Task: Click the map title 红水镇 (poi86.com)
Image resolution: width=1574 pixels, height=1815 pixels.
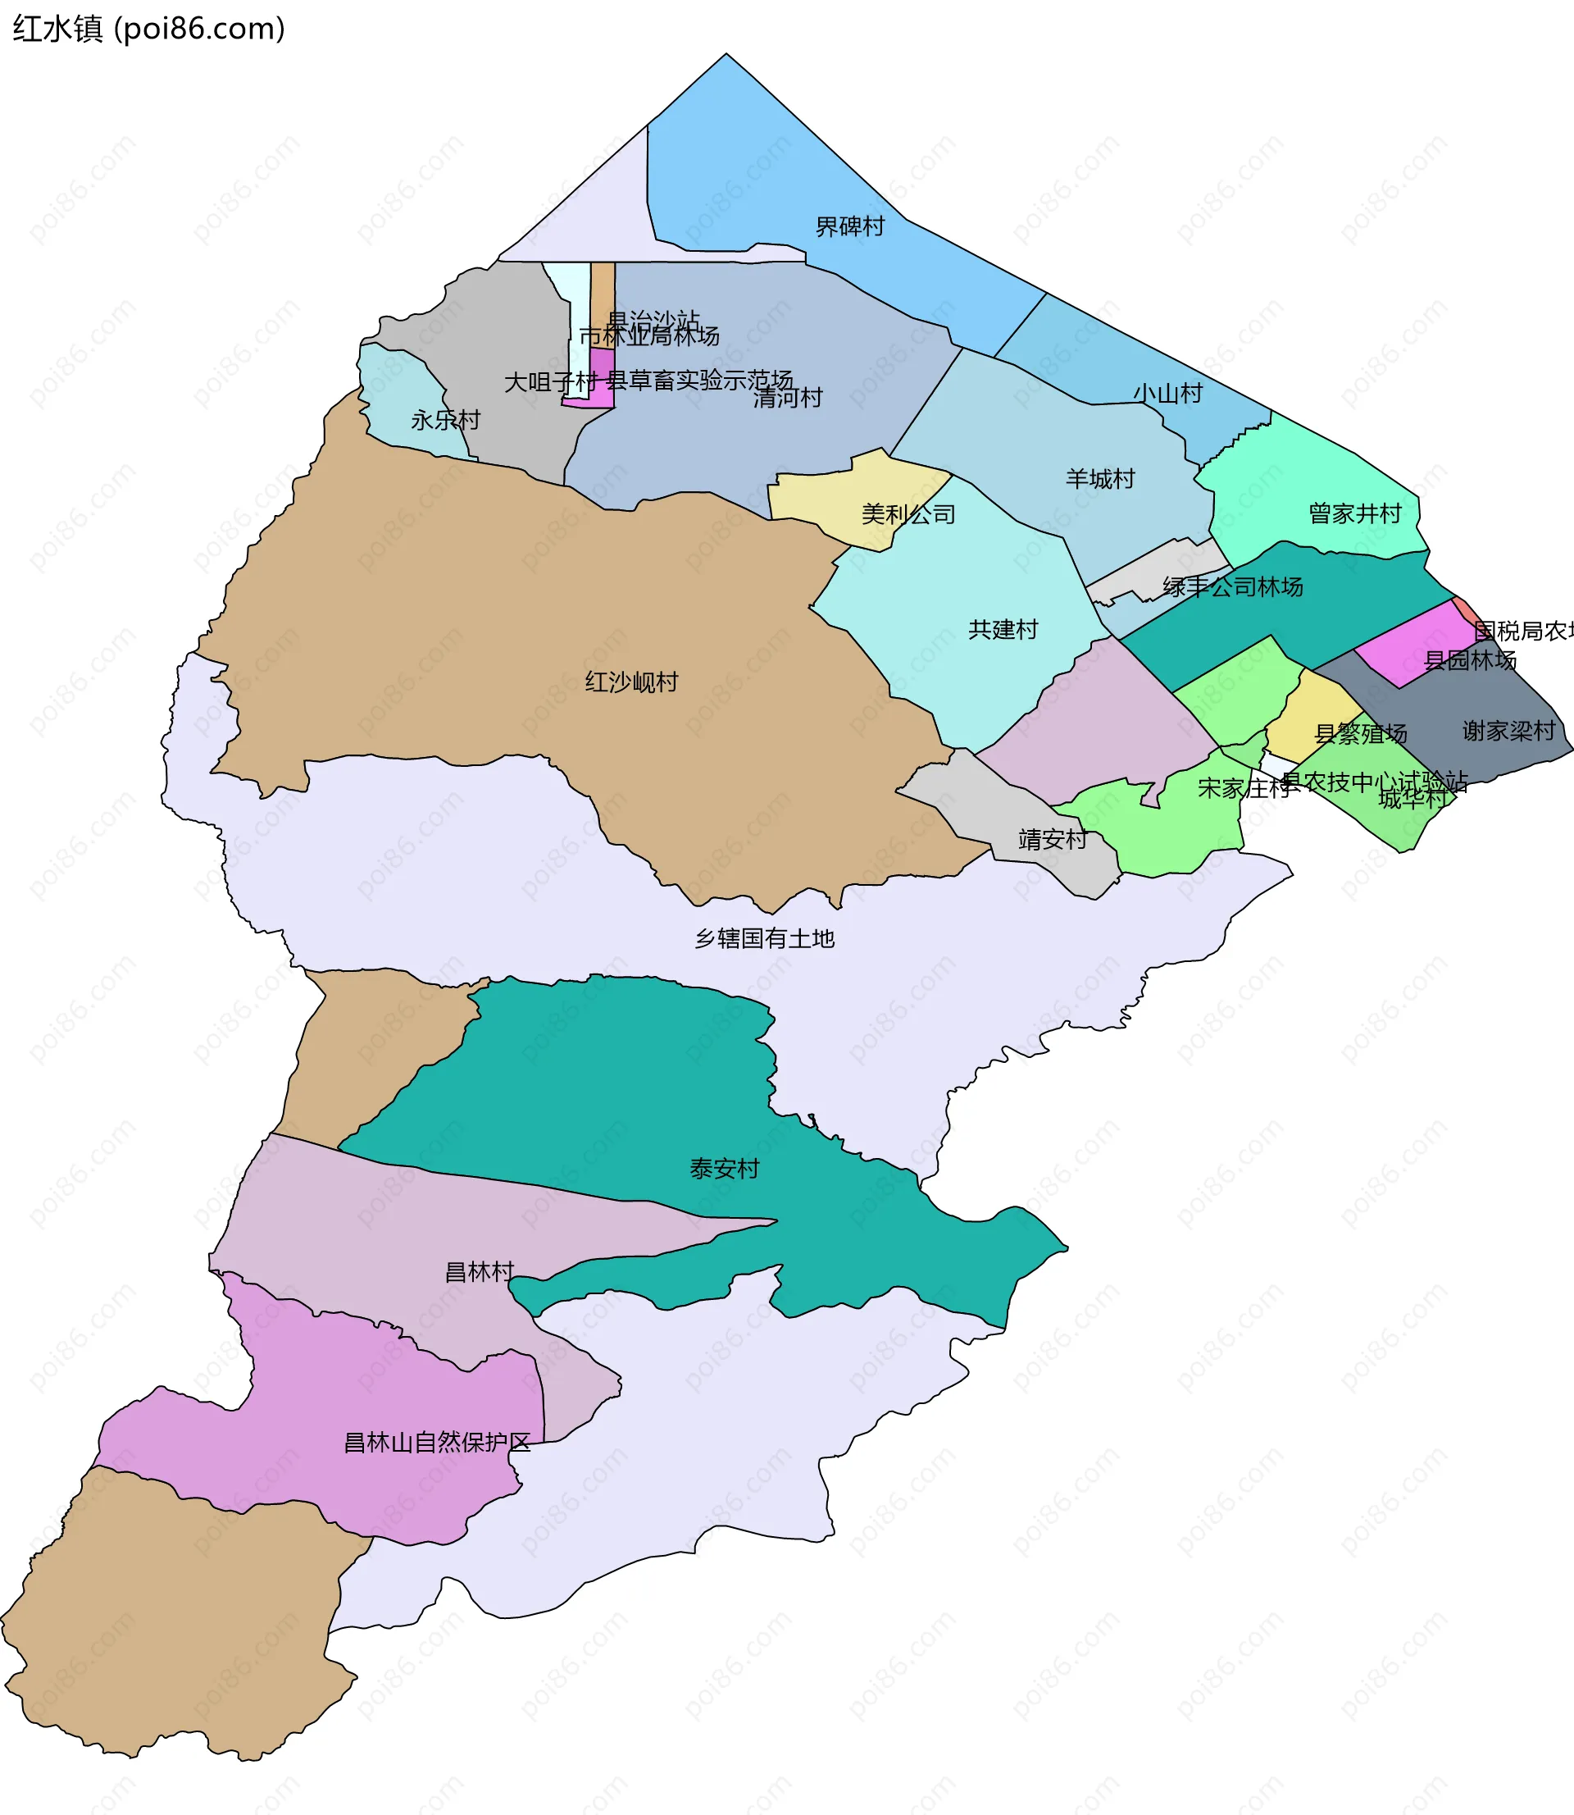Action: [148, 29]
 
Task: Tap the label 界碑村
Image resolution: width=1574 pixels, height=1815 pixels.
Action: [849, 226]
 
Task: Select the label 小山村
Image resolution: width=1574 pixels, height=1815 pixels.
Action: [1167, 394]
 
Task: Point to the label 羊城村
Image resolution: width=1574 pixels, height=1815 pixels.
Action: [1099, 479]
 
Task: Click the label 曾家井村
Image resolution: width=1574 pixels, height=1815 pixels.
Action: [1354, 513]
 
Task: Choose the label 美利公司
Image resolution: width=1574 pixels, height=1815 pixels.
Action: [908, 514]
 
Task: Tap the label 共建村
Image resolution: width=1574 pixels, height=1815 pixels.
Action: [1002, 629]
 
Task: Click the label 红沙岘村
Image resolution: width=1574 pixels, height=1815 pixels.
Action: [631, 682]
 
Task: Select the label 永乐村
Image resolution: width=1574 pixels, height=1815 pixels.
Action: [445, 420]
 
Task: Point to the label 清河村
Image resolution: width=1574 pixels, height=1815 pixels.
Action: [787, 398]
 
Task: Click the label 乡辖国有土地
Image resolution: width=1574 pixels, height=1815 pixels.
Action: [764, 938]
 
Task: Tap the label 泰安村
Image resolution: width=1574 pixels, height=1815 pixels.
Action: [724, 1169]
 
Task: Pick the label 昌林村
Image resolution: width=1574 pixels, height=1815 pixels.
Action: [479, 1271]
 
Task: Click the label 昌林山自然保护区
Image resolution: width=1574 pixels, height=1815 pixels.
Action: [436, 1442]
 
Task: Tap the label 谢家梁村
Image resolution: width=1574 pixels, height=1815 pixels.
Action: [1508, 730]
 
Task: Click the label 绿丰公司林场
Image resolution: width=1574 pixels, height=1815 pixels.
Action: [1232, 587]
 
